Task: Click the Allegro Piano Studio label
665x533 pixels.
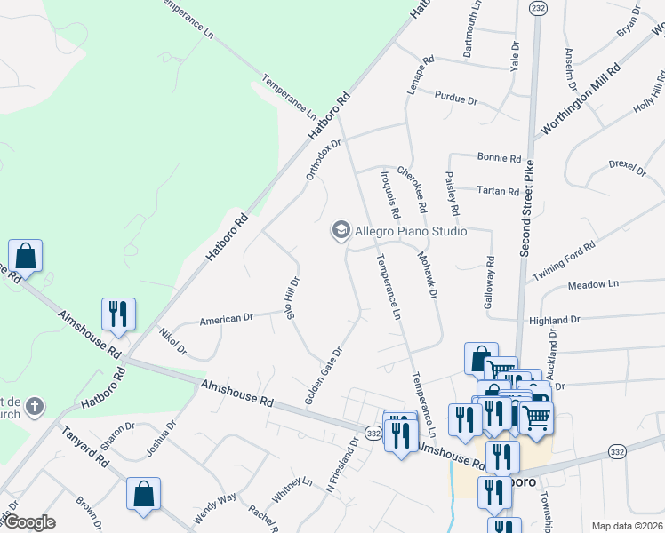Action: click(x=411, y=232)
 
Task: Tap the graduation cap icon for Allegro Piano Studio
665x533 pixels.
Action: click(x=340, y=231)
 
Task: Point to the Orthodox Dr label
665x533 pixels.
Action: click(x=324, y=159)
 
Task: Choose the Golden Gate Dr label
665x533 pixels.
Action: click(x=324, y=376)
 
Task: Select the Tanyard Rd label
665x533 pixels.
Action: click(x=85, y=449)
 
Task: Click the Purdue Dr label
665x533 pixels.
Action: click(x=455, y=98)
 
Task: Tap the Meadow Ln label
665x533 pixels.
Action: click(x=592, y=284)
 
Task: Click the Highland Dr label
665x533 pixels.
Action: click(x=554, y=320)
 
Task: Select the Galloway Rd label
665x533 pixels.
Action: click(x=489, y=283)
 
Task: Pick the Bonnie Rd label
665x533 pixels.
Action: click(x=499, y=158)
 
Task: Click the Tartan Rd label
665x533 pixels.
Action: click(x=497, y=191)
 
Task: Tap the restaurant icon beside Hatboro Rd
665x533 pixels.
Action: click(x=118, y=314)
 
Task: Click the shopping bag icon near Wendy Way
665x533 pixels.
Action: click(x=143, y=494)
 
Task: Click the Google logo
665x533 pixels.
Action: click(x=29, y=522)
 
